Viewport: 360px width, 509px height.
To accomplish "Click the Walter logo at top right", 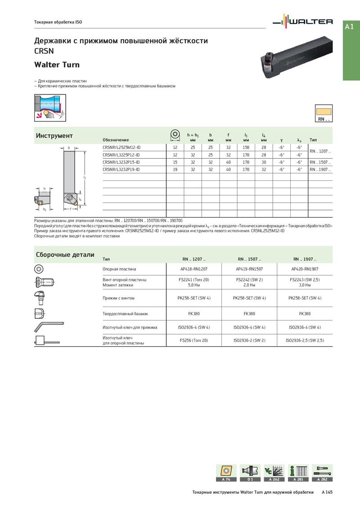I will click(x=304, y=22).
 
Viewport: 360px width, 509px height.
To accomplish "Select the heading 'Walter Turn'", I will click(x=57, y=65).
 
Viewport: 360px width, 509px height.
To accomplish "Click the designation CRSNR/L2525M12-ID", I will click(x=121, y=147).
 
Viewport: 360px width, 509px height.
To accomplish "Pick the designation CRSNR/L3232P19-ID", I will click(x=121, y=169).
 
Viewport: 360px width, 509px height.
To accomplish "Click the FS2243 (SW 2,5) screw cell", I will click(x=305, y=282).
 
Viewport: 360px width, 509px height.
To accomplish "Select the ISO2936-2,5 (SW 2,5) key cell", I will click(x=305, y=340).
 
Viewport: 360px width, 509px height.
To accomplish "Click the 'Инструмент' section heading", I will click(x=54, y=136).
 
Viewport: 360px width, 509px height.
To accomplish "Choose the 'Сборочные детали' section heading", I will click(x=65, y=255).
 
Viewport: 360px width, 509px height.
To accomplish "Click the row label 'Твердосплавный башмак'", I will click(x=125, y=313).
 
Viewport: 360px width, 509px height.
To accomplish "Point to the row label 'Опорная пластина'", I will click(x=119, y=269).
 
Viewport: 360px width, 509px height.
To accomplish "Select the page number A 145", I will click(x=327, y=492).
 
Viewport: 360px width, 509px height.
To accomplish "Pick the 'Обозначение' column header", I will click(x=116, y=140).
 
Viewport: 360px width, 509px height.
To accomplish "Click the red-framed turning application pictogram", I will click(x=50, y=107).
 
